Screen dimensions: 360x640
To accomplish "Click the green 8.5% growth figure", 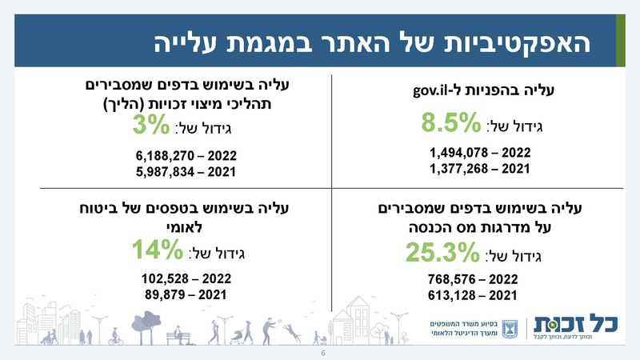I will [x=451, y=125].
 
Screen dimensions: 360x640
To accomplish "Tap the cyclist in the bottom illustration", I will [x=117, y=336].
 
